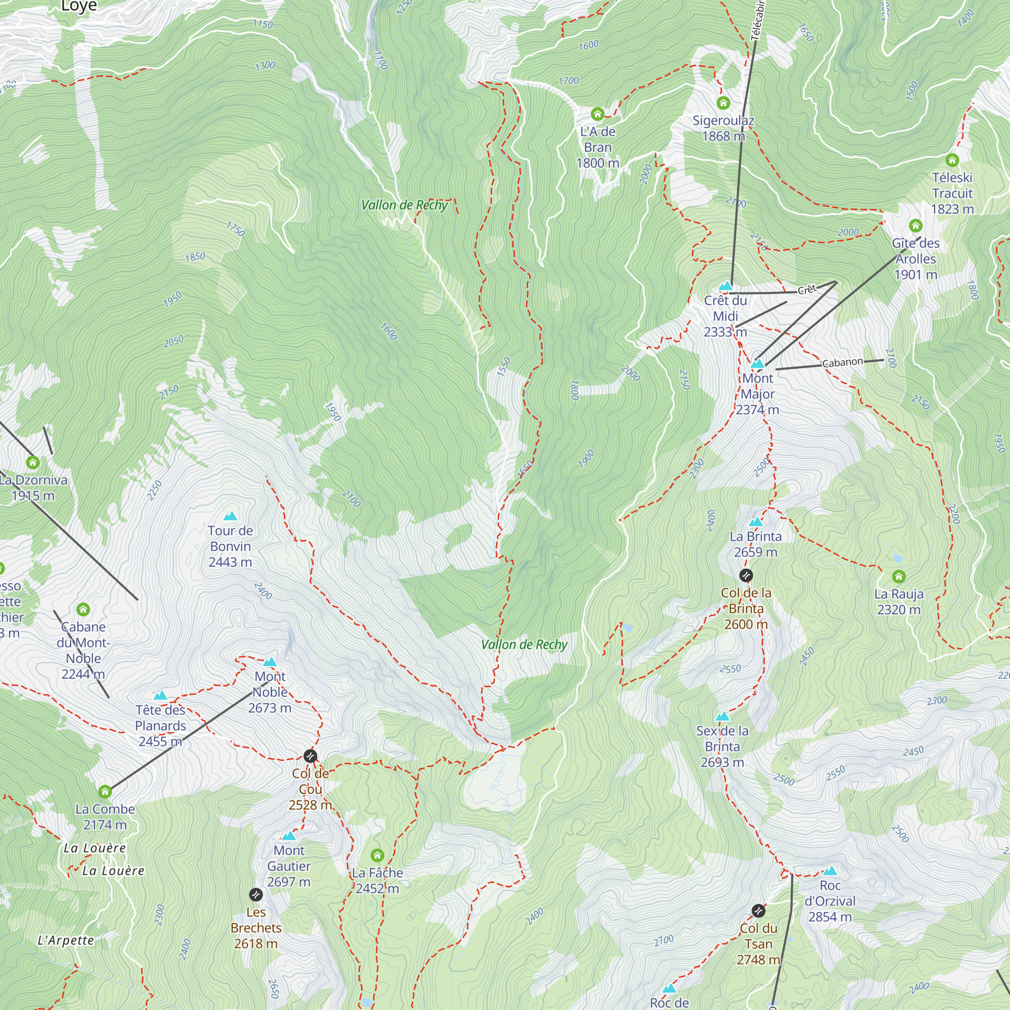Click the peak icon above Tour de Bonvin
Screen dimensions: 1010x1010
[230, 517]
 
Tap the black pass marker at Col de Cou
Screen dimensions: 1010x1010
[310, 756]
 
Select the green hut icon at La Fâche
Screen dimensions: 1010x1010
[377, 855]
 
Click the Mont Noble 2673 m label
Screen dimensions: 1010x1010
[270, 692]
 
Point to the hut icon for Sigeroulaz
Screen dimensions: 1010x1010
[723, 103]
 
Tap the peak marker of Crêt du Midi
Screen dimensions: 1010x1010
[725, 286]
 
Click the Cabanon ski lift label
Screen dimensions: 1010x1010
[842, 362]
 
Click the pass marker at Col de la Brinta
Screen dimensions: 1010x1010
[746, 575]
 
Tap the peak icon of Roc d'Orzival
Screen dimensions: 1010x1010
[830, 871]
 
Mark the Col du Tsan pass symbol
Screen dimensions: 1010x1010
[758, 911]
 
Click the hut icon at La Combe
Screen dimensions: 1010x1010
[105, 791]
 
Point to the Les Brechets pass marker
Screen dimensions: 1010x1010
[255, 894]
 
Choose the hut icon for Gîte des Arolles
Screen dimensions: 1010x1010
[915, 225]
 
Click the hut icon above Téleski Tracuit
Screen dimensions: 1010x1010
[952, 160]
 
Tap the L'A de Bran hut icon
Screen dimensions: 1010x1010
[597, 114]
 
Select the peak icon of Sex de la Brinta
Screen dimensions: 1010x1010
[722, 716]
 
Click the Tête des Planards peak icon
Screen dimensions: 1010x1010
[160, 696]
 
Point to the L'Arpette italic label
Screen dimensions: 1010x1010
[66, 940]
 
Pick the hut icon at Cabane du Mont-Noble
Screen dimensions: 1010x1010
[83, 609]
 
